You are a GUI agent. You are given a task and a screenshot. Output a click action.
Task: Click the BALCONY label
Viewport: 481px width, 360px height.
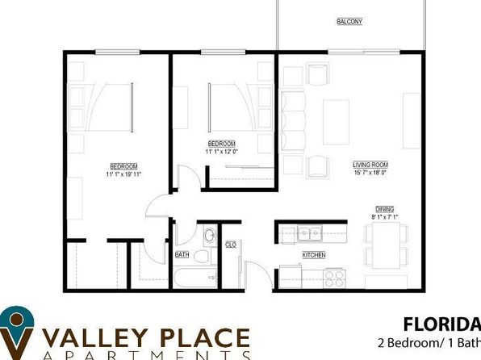tap(349, 22)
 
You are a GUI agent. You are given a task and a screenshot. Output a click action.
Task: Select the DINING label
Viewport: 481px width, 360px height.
tap(384, 207)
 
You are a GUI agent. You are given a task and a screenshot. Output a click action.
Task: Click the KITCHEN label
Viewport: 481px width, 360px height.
tap(314, 255)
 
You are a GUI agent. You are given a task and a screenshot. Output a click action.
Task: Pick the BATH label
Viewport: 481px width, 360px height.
tap(182, 255)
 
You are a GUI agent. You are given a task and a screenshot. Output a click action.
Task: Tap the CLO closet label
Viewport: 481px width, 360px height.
tap(230, 245)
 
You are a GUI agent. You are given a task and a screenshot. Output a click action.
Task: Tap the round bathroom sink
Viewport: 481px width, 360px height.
tap(209, 236)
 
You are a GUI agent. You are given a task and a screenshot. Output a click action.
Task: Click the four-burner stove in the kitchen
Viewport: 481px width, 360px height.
tap(333, 278)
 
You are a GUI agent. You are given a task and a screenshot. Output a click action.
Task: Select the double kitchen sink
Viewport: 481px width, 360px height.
tap(307, 235)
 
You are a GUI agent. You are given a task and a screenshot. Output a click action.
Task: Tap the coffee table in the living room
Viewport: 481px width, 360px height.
tap(336, 121)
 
